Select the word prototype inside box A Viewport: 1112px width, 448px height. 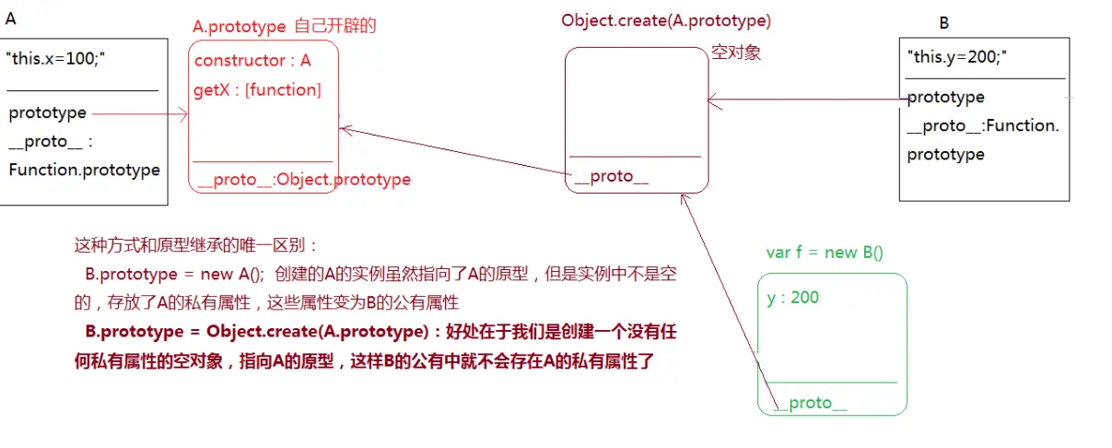(48, 112)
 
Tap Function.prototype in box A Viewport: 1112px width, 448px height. (84, 170)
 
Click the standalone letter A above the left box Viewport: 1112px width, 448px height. (11, 18)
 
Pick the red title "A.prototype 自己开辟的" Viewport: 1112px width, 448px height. (285, 27)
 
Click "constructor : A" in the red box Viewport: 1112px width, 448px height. (253, 61)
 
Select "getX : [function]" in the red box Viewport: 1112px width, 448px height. (258, 89)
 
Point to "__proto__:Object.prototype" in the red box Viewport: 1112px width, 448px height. (302, 179)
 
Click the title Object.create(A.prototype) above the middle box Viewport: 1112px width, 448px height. (666, 20)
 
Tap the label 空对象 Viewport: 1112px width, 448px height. (736, 53)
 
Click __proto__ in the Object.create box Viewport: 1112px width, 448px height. (611, 176)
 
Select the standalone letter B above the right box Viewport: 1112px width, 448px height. (944, 23)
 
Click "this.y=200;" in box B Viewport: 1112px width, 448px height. (957, 58)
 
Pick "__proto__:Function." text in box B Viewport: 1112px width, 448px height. (983, 125)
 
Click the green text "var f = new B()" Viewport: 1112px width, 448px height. (825, 253)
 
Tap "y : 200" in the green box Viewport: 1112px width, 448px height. (793, 297)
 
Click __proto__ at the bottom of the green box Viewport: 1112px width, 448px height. (810, 403)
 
